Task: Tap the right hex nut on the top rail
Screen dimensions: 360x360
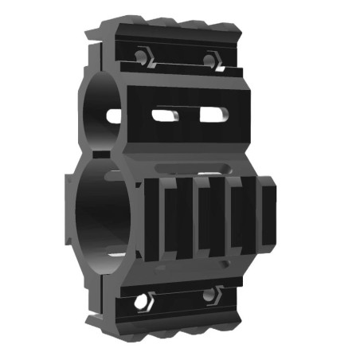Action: pos(211,60)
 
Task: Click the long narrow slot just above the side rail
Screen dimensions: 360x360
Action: pos(195,167)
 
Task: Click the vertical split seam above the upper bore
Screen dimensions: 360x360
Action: pos(102,64)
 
